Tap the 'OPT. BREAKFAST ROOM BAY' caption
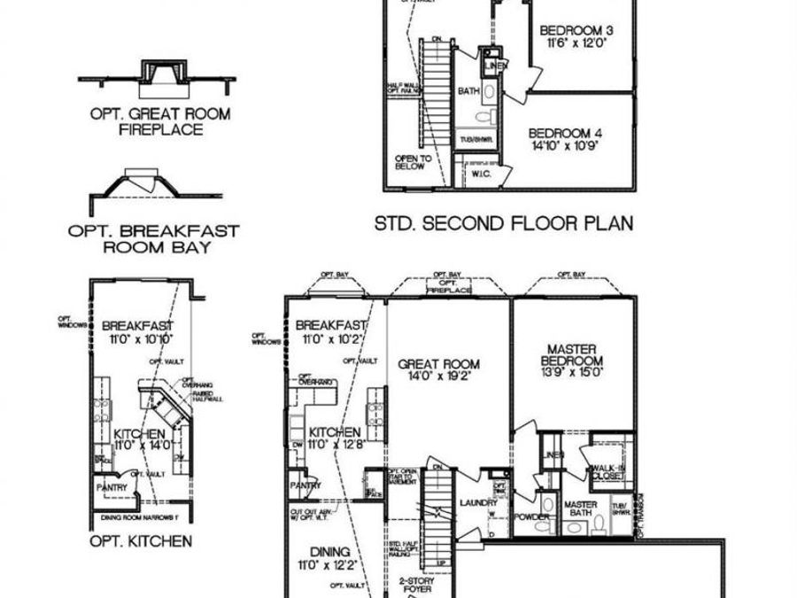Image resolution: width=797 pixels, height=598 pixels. pyautogui.click(x=153, y=239)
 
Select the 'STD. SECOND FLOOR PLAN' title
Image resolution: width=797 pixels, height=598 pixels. pyautogui.click(x=504, y=223)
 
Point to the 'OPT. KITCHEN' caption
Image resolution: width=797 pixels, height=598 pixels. pyautogui.click(x=140, y=540)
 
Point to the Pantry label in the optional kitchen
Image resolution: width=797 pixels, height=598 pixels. pyautogui.click(x=112, y=487)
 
